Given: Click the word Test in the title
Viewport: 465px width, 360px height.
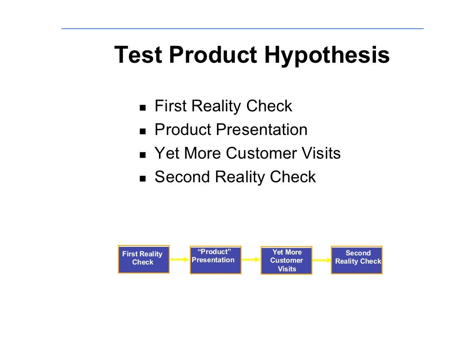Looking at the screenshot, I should [138, 55].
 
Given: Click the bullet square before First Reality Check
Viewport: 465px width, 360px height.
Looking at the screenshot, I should [143, 108].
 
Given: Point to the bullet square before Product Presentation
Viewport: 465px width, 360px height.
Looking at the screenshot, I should [143, 132].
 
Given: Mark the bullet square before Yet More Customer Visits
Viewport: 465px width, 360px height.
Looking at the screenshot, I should [143, 155].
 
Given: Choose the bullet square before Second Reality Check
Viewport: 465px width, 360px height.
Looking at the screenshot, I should [143, 179].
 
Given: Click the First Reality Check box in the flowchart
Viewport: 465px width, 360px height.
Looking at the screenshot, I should [143, 259].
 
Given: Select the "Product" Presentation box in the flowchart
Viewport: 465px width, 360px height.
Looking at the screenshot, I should [215, 260].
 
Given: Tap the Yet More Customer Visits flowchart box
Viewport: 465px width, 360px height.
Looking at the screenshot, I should [287, 260].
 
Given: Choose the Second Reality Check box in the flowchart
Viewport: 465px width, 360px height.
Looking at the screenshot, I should [357, 260].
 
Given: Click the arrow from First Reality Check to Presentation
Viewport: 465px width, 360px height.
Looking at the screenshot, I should [179, 259].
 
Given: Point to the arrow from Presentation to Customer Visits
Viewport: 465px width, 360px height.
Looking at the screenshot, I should [251, 260].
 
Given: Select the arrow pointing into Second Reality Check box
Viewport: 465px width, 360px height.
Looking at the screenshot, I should [322, 260].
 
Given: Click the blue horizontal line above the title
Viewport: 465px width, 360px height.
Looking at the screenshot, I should [242, 29].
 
